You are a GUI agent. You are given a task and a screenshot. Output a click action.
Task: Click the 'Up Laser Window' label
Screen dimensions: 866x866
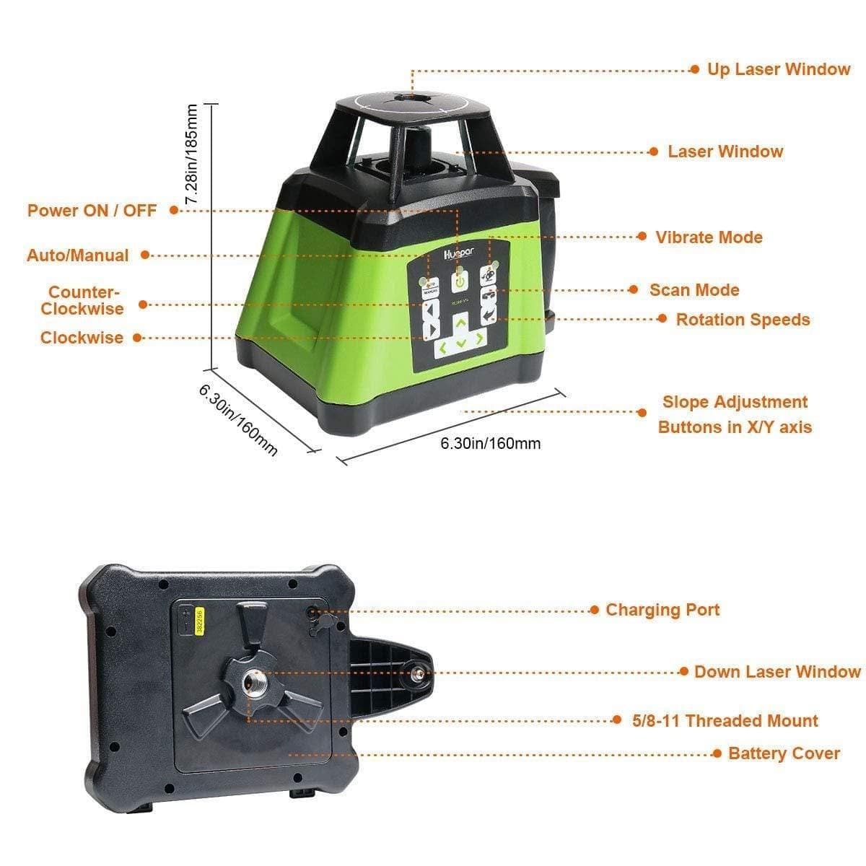[778, 69]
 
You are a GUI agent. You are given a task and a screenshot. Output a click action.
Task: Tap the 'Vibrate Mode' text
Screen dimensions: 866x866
[709, 237]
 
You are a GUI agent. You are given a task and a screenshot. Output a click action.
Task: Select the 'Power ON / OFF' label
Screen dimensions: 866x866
[92, 211]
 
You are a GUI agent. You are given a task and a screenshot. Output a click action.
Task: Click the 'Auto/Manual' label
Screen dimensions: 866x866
[78, 255]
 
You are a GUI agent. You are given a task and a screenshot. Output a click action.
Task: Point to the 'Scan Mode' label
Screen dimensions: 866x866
[694, 290]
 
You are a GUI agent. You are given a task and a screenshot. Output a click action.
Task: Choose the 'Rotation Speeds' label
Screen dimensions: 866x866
[743, 320]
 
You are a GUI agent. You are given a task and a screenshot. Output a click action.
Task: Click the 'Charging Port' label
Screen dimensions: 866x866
[662, 610]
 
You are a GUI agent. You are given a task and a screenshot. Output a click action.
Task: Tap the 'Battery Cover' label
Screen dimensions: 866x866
[784, 753]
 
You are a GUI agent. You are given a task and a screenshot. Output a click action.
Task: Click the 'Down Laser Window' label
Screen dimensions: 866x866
[777, 672]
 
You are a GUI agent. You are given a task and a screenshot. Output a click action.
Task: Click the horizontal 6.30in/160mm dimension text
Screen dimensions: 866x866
[491, 443]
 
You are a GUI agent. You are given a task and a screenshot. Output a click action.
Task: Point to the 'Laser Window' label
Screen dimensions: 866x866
[725, 152]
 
